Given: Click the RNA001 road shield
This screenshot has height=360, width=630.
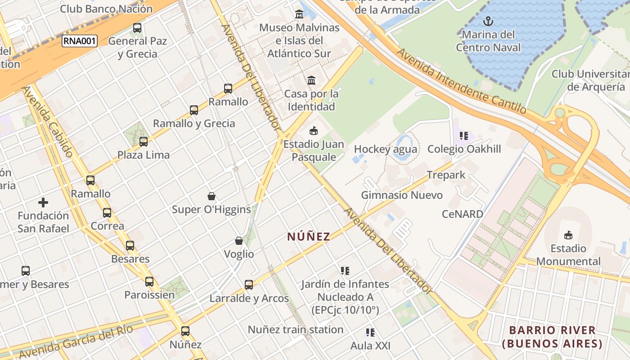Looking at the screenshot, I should pyautogui.click(x=79, y=41).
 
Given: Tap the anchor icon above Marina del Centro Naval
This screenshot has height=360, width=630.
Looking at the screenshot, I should pyautogui.click(x=488, y=21).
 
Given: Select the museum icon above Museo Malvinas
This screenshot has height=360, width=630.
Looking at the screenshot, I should pyautogui.click(x=299, y=14).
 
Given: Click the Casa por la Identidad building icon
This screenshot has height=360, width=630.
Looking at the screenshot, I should pyautogui.click(x=311, y=81).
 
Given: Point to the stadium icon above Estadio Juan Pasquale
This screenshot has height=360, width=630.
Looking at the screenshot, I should pyautogui.click(x=313, y=131).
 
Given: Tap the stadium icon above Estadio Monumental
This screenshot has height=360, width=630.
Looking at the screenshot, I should pyautogui.click(x=568, y=235).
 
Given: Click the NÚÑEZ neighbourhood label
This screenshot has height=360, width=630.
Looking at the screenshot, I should pyautogui.click(x=309, y=236).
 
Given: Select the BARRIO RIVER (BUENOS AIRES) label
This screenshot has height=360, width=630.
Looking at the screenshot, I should pyautogui.click(x=552, y=337).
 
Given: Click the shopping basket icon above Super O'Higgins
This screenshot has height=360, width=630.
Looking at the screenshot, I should pyautogui.click(x=211, y=196).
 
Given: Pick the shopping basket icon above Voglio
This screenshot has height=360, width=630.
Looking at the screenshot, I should pyautogui.click(x=239, y=241).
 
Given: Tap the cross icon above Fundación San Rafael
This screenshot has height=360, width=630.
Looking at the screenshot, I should pyautogui.click(x=43, y=202).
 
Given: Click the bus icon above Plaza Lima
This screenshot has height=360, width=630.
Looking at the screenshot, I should pyautogui.click(x=144, y=142).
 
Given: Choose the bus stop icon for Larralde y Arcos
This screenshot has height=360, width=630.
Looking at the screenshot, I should pyautogui.click(x=249, y=285).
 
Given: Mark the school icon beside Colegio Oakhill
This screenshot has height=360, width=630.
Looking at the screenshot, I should pyautogui.click(x=464, y=135).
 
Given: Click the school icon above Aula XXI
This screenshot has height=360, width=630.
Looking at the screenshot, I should pyautogui.click(x=370, y=333).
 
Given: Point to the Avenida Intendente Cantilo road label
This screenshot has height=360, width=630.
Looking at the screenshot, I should pyautogui.click(x=461, y=81).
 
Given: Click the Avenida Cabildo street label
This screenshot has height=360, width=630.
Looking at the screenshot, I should pyautogui.click(x=48, y=121).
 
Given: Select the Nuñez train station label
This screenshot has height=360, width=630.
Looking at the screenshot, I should pyautogui.click(x=295, y=329).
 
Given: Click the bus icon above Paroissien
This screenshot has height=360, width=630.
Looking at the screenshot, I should pyautogui.click(x=149, y=282).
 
